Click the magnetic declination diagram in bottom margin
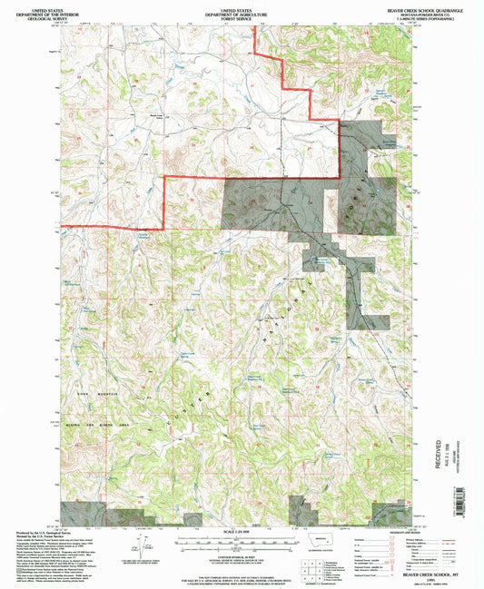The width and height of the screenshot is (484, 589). tap(140, 545)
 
